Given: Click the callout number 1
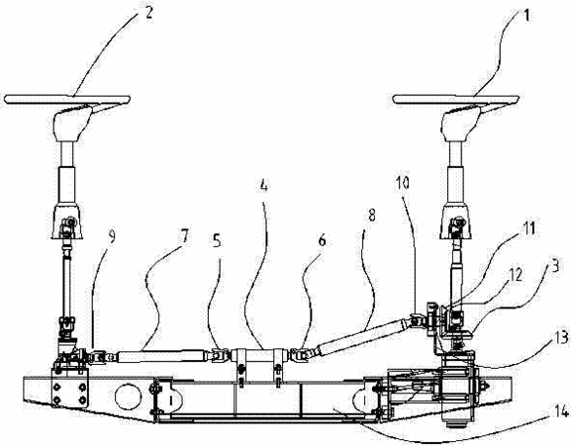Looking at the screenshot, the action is pos(526,16).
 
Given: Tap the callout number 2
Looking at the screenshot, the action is pos(148,14).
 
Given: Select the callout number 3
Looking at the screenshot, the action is pos(554,266).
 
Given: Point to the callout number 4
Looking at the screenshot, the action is pos(263,185).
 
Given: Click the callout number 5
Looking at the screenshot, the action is pos(217,240).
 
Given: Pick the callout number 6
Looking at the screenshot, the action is pos(322,240).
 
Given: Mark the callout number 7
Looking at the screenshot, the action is pos(185,236).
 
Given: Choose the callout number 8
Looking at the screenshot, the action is pos(371,216).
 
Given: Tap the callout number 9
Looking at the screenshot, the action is pos(112,236).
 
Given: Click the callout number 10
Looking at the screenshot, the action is pos(403,183).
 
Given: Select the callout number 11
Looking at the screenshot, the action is pos(528,228).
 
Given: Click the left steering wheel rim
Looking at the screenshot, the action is pos(67,99).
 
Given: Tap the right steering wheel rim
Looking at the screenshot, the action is pos(455,99).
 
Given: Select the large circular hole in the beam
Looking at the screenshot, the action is pos(128,397).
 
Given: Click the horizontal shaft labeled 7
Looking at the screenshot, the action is pos(160,356).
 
